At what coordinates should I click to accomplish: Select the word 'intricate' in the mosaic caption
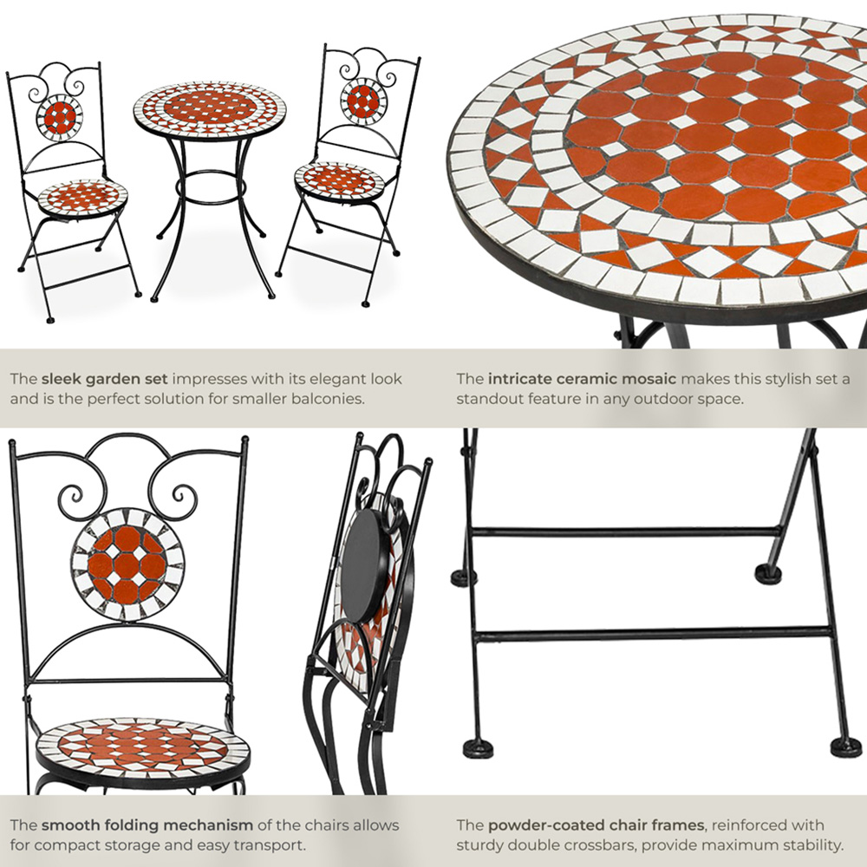[518, 380]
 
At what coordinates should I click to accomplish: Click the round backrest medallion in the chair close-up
[127, 565]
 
